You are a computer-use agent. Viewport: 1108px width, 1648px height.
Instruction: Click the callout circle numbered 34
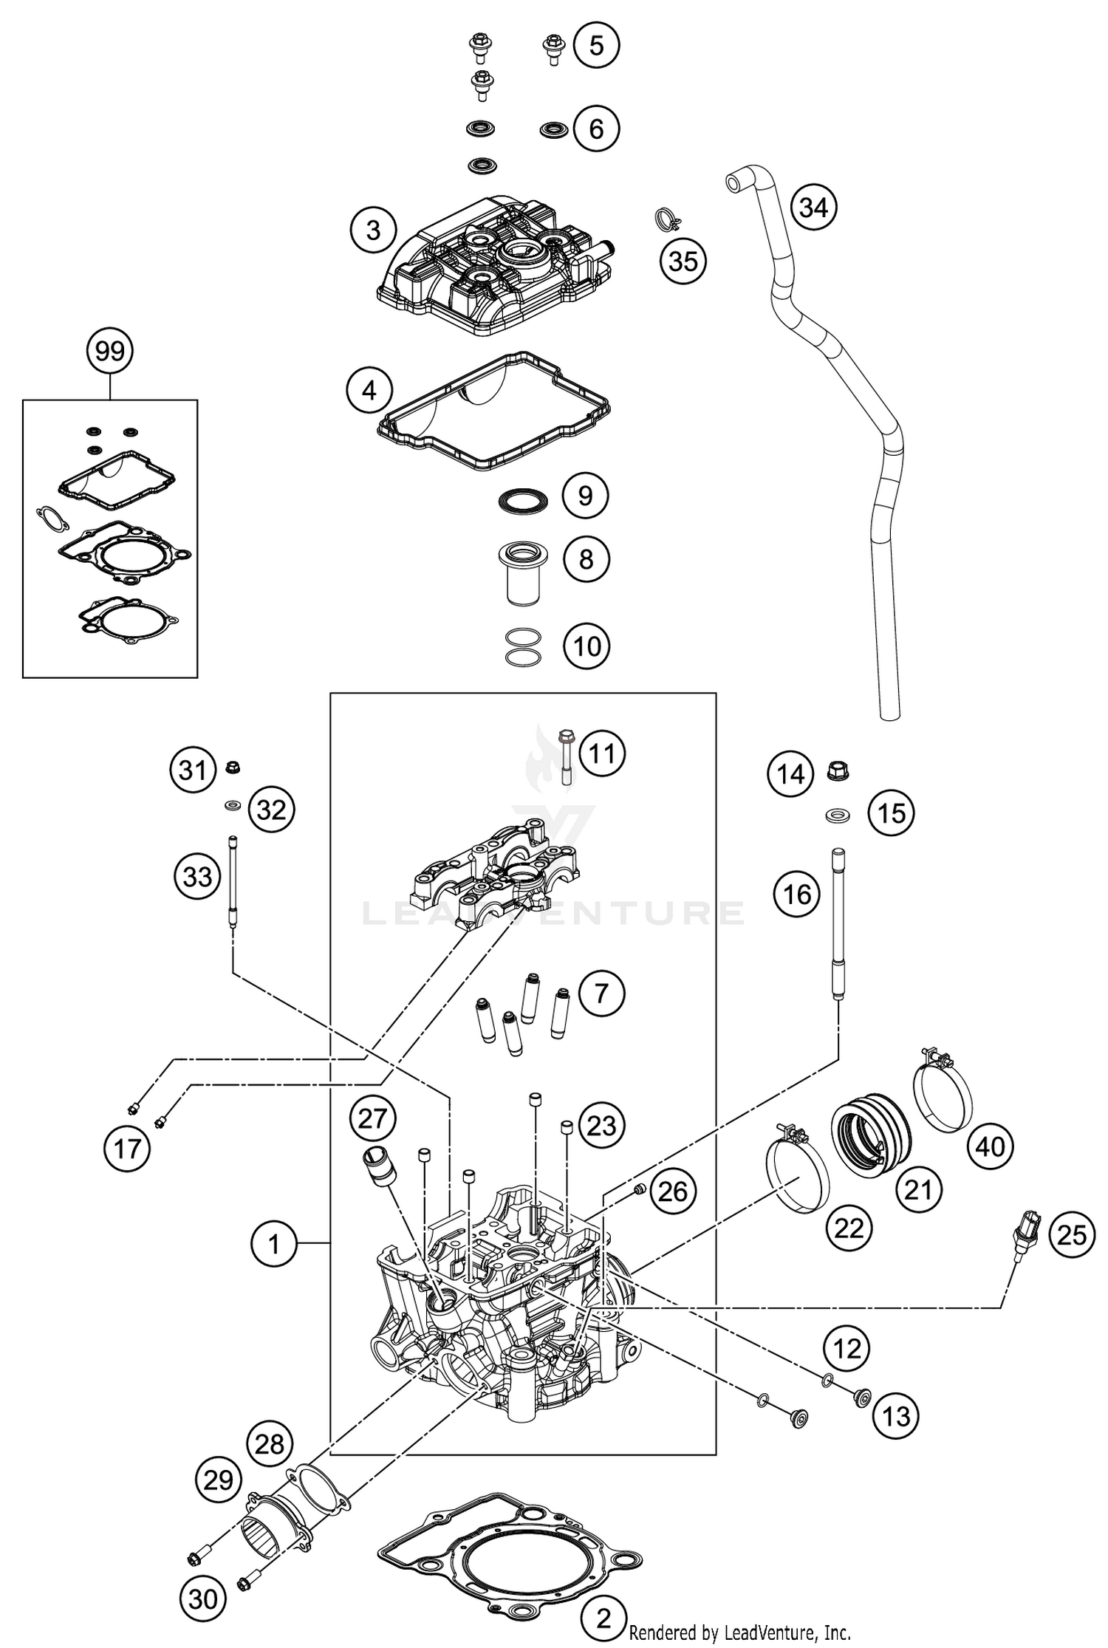point(813,208)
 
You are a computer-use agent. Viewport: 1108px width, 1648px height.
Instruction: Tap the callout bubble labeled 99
point(110,351)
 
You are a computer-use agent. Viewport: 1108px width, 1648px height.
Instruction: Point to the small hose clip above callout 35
point(668,219)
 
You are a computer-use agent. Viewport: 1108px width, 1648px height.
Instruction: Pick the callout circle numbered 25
point(1072,1234)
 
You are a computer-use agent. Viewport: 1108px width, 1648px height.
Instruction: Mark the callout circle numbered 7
point(601,993)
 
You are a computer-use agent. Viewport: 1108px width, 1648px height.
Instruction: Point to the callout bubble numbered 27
point(373,1118)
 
